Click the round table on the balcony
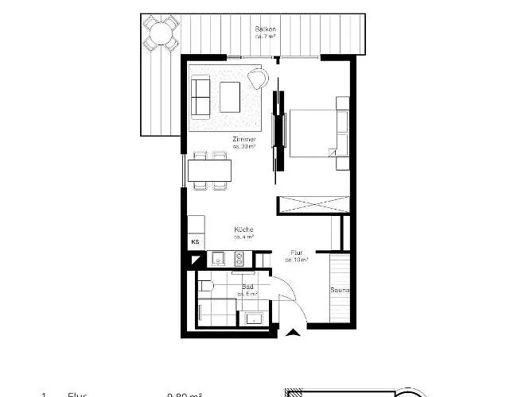(160, 33)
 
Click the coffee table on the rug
(230, 96)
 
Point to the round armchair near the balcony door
(259, 78)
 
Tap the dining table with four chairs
(209, 171)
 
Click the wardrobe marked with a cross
(313, 204)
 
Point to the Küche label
(243, 231)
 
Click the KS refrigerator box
(195, 241)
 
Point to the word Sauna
(341, 290)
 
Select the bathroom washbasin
(255, 318)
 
